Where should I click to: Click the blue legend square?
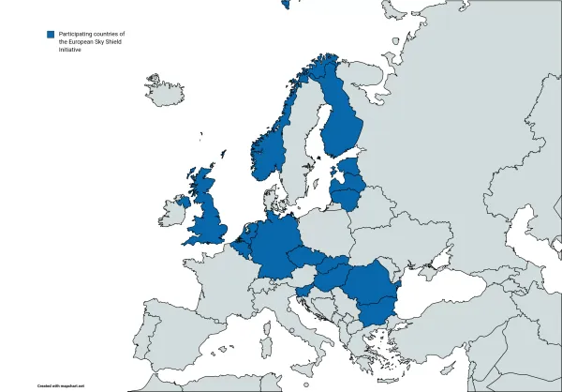click(x=50, y=35)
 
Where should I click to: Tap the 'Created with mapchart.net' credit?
click(x=60, y=385)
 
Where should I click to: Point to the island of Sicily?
click(x=303, y=361)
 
